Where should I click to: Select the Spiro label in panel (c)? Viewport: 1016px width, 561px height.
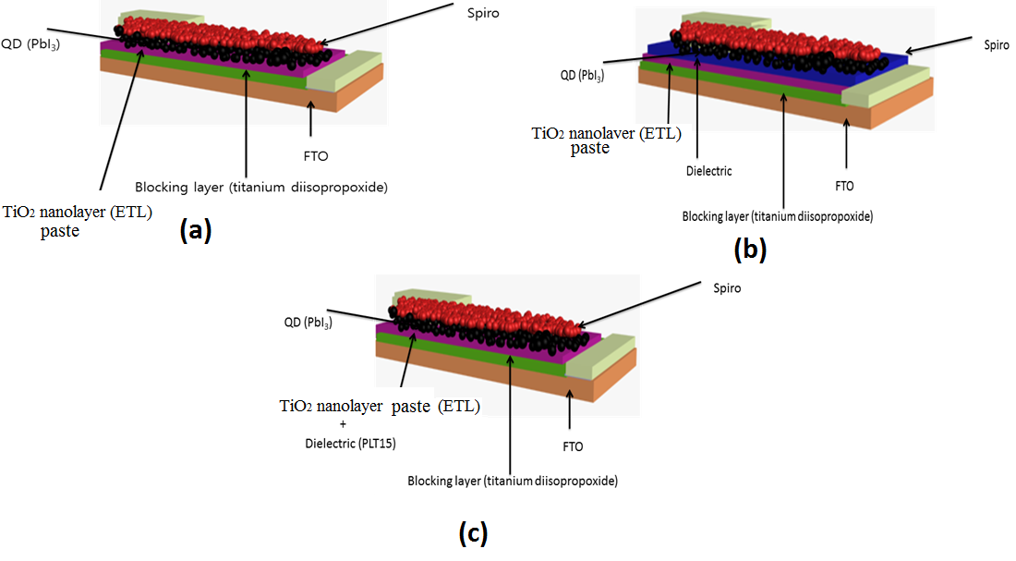coord(727,288)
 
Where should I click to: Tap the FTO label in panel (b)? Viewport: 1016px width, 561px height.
coord(844,186)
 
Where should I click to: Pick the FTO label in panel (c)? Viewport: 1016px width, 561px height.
coord(573,446)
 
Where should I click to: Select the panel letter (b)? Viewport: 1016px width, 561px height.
coord(750,249)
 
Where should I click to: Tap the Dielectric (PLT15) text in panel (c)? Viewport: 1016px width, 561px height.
coord(343,444)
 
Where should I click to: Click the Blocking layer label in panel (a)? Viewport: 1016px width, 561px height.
coord(260,187)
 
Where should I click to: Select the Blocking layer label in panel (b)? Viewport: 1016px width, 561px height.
coord(778,217)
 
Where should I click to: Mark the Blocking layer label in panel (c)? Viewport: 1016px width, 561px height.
coord(513,482)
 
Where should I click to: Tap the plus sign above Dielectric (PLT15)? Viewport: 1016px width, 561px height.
coord(343,424)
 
